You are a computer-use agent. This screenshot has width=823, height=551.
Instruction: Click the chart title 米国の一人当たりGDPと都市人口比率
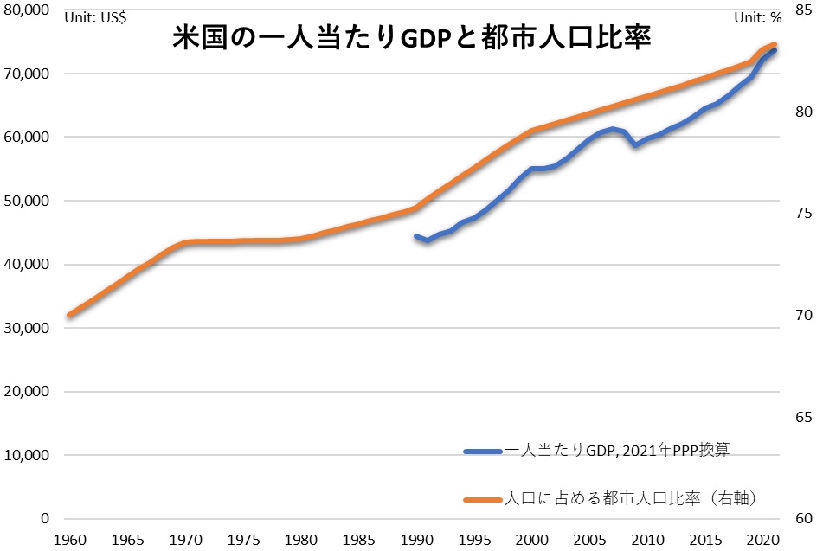[411, 38]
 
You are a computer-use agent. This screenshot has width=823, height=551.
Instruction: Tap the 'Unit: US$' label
[95, 16]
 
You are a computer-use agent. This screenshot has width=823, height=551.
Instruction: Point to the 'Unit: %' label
[757, 16]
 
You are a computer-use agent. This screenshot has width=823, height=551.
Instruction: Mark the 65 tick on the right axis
[802, 418]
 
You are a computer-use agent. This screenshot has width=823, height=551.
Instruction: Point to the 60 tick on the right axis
[802, 519]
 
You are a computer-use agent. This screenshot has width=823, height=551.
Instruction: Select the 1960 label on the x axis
[68, 538]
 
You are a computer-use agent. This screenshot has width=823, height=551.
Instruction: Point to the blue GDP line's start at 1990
[416, 236]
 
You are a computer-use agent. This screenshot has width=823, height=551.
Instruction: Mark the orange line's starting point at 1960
[68, 315]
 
